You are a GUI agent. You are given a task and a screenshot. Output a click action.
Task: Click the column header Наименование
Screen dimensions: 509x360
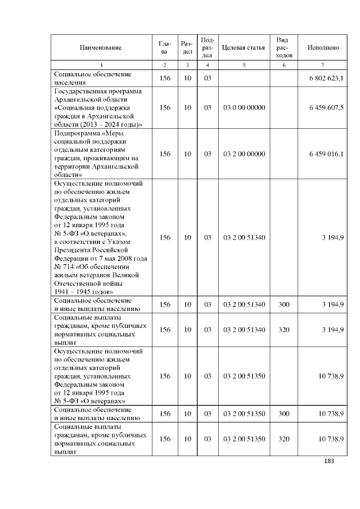101,48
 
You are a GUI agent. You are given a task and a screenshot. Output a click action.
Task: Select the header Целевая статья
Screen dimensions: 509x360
244,48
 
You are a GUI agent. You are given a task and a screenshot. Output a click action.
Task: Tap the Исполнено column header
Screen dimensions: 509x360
323,48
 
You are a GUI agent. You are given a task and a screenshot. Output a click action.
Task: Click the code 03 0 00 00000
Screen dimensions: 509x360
244,107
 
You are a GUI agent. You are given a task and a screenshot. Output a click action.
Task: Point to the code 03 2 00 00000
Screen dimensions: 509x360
244,154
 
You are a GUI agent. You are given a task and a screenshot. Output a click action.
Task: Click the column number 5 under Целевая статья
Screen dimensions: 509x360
244,65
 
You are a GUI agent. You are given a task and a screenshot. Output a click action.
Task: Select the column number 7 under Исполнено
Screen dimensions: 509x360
322,65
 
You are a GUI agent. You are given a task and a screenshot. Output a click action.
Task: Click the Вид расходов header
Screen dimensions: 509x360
284,48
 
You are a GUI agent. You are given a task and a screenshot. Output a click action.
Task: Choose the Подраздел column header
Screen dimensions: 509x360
207,48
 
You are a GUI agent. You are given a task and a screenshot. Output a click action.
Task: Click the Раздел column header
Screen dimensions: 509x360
187,48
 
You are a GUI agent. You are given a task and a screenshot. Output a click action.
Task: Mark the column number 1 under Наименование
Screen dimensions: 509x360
101,65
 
